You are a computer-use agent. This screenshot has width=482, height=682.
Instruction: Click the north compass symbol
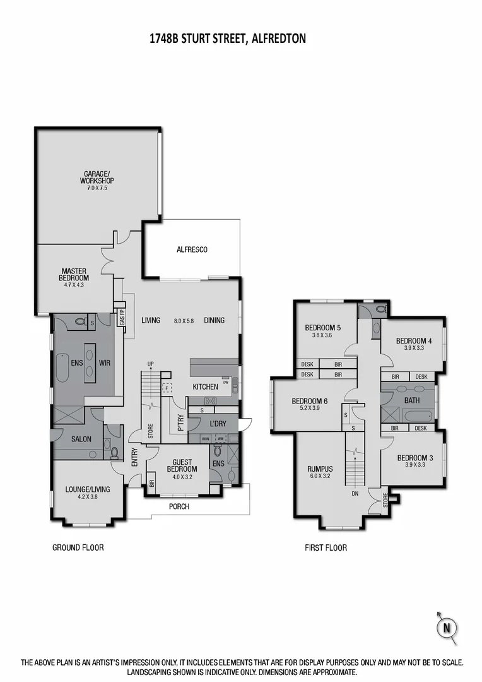pos(447,627)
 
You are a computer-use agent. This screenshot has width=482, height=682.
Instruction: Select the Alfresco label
pos(192,249)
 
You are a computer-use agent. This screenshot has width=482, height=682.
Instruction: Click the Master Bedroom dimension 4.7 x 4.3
pos(74,285)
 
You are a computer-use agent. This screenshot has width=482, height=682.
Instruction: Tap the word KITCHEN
pos(206,386)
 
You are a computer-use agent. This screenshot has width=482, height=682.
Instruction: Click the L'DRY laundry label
pos(214,422)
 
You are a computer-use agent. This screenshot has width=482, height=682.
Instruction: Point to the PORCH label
pos(179,506)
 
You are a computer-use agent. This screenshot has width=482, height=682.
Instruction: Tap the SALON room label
pos(81,439)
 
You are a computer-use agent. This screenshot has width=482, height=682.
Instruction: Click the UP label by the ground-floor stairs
pos(150,364)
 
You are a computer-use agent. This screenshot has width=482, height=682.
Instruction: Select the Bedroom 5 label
pos(322,328)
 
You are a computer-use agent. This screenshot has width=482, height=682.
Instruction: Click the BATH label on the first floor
pos(412,400)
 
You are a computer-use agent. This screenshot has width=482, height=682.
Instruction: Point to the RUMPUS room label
pos(320,469)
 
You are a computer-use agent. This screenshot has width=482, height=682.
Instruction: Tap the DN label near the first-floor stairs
pos(355,494)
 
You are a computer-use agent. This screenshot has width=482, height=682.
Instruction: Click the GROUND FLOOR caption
pos(78,547)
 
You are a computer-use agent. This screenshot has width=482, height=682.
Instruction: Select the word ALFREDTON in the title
pos(278,39)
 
